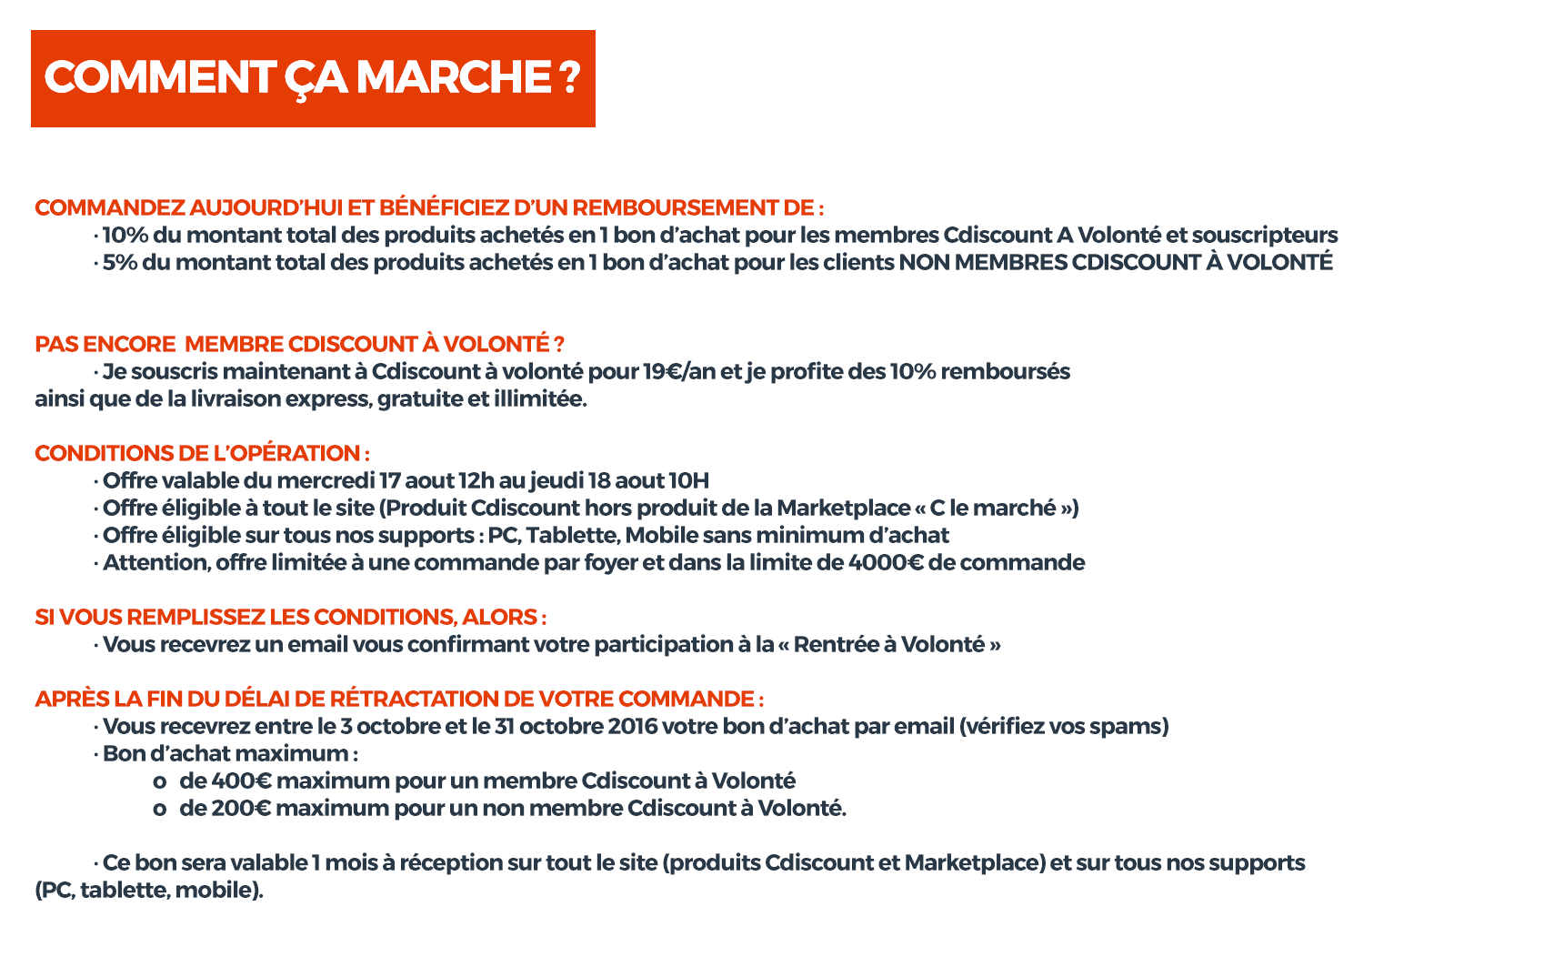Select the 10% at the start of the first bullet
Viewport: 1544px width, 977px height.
[x=125, y=236]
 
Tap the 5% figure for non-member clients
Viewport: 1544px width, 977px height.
[x=119, y=263]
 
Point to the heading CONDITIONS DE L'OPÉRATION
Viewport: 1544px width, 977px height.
[x=202, y=454]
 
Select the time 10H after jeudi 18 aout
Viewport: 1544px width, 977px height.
[x=688, y=481]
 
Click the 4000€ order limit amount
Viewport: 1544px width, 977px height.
[x=886, y=563]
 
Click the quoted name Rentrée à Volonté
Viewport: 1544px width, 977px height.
[x=888, y=645]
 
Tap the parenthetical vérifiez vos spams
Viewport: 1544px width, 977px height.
[x=1064, y=727]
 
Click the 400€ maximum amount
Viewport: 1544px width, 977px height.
[x=241, y=781]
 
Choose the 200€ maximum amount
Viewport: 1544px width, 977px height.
[x=241, y=809]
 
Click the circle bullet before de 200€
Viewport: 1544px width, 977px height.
[x=160, y=810]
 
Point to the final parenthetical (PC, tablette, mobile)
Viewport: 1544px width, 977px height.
[x=149, y=891]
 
